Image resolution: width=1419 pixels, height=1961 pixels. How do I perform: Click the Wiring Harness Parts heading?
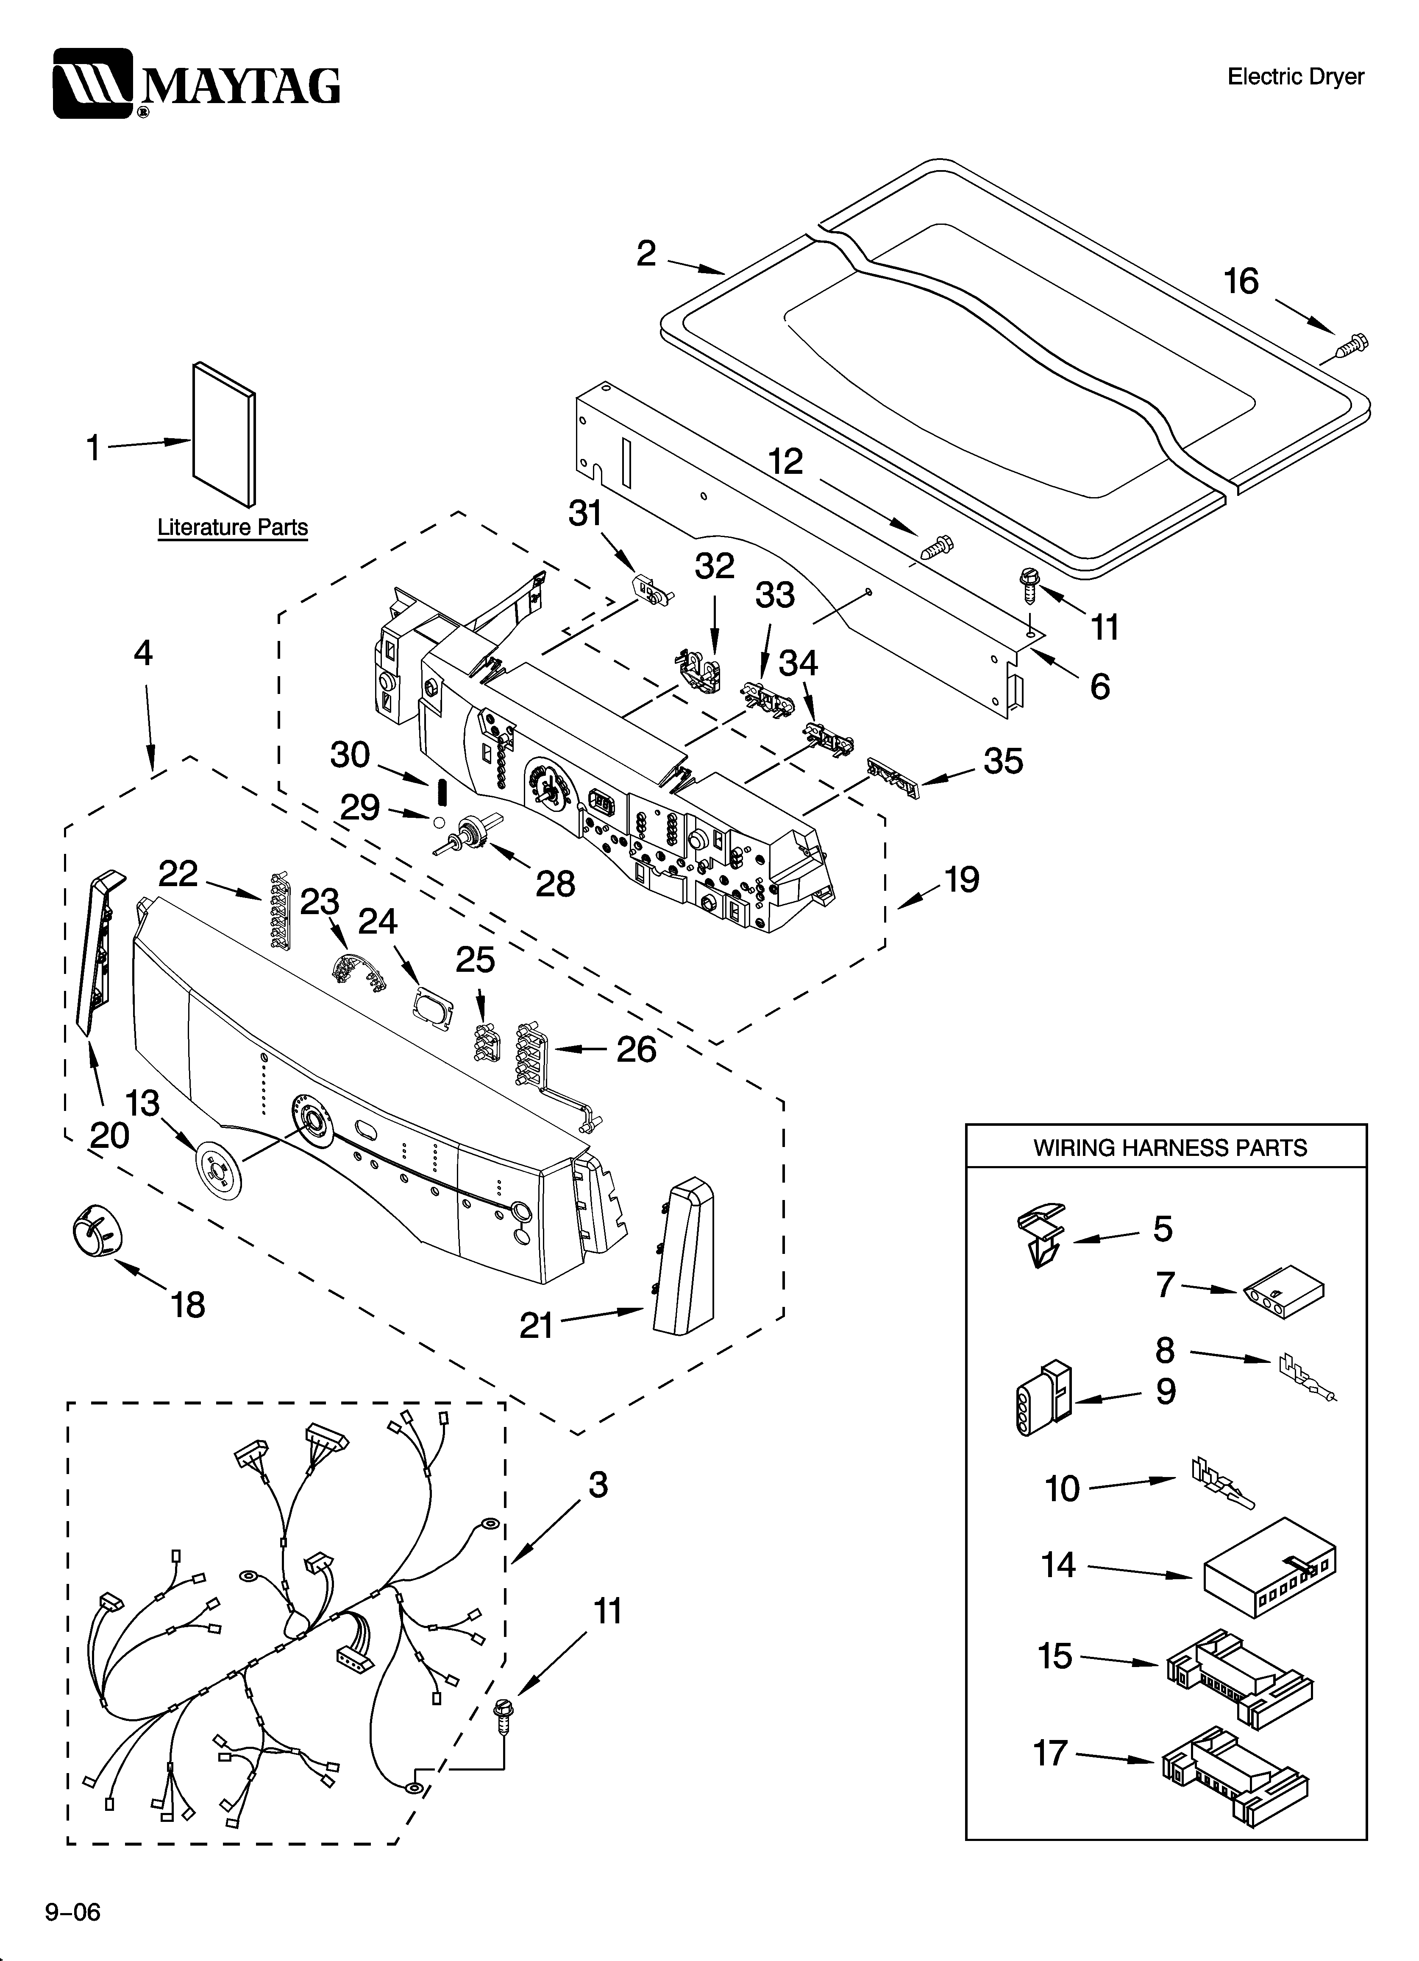(1170, 1147)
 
